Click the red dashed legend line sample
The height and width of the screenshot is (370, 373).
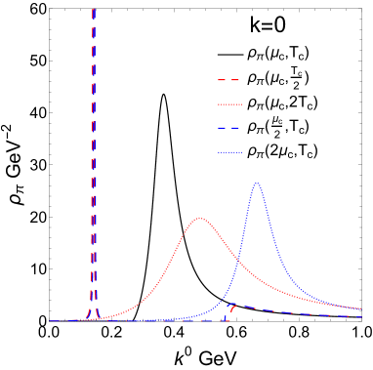(228, 80)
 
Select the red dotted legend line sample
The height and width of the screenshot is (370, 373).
(228, 104)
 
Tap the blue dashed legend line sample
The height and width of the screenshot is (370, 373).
(228, 128)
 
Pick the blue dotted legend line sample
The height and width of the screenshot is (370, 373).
(228, 152)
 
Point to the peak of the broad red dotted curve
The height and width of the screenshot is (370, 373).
(199, 218)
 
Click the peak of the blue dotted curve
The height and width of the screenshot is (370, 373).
(257, 184)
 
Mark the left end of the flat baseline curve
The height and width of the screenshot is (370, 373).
(52, 320)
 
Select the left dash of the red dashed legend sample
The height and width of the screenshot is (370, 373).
(222, 80)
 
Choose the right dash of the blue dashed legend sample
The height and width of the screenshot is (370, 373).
(235, 128)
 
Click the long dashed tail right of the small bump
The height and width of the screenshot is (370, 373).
(293, 312)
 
